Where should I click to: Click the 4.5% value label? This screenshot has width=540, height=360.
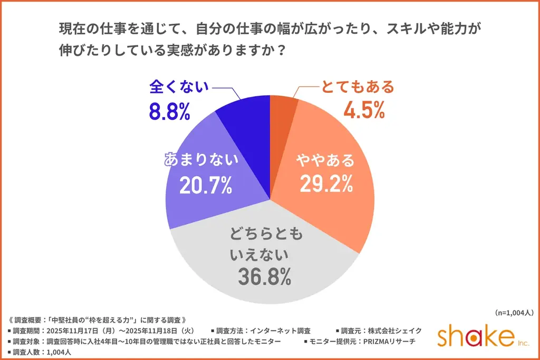(364, 110)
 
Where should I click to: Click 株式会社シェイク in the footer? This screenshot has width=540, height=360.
(396, 330)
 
